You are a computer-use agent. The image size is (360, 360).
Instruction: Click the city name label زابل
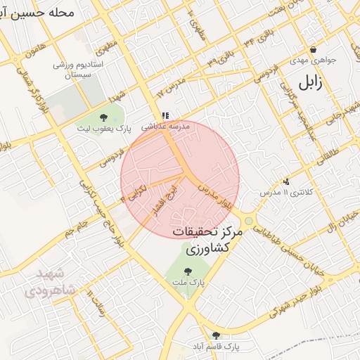point(309,82)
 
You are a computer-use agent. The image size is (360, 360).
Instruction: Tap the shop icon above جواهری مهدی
point(313,49)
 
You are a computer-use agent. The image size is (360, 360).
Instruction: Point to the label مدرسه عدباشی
point(165,127)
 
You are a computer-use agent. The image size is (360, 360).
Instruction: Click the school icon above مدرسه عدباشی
point(165,115)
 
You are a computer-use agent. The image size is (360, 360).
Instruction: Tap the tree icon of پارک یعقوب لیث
point(104,117)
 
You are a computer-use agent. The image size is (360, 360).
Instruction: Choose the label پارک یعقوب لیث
point(104,129)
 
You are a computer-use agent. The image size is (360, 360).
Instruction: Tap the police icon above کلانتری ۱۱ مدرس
point(286,181)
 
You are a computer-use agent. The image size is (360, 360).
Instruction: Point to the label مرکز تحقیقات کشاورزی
point(207,240)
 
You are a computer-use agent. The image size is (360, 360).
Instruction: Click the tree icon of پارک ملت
point(187,271)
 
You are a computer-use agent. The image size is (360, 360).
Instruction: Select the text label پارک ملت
point(188,282)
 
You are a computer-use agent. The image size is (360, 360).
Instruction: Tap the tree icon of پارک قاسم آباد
point(215,335)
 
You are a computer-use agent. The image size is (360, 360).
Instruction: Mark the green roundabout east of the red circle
point(249,221)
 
